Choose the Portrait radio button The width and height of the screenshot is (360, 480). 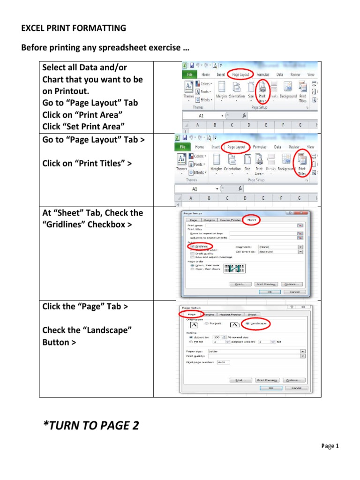coord(207,324)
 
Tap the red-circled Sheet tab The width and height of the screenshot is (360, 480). coord(251,219)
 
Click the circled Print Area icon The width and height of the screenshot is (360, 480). coord(262,91)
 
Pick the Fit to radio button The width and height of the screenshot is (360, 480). coord(190,341)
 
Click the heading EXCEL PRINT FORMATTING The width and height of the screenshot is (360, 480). coord(74,28)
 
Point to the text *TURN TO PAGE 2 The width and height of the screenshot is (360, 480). coord(91,425)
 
